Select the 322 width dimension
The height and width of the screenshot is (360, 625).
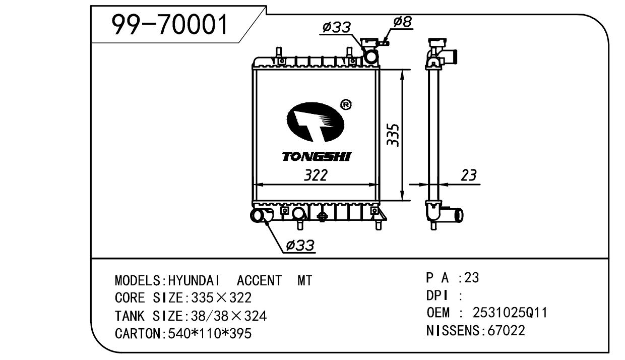pos(316,175)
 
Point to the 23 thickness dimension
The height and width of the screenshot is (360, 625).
pos(468,175)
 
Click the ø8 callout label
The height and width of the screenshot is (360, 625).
pos(403,22)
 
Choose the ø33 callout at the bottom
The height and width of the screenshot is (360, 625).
pos(300,246)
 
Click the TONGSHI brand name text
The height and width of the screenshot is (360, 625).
pos(316,157)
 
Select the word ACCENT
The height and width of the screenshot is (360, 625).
pos(259,281)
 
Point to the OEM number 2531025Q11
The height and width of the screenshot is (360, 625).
pos(510,313)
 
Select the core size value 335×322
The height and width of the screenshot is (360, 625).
pos(219,298)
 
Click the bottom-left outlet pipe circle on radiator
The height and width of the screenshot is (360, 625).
pos(258,216)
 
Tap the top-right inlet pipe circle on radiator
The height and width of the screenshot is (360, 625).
pos(371,57)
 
